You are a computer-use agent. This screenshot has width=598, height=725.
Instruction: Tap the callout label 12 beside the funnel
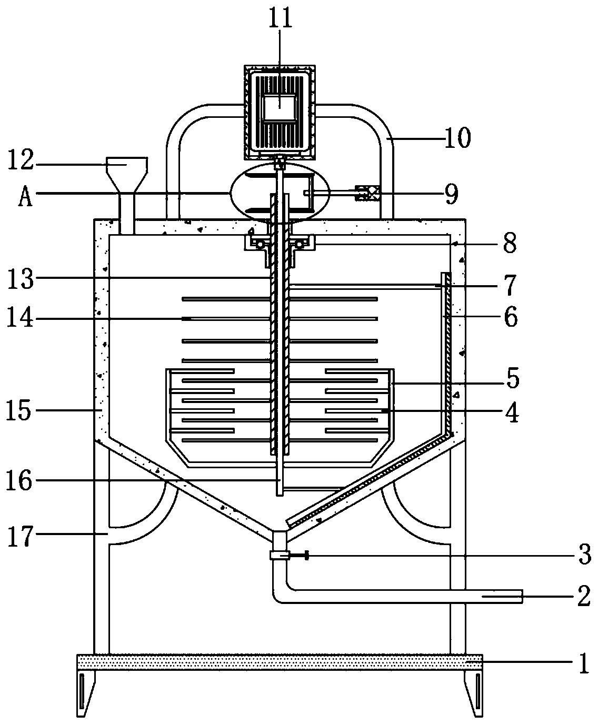21,160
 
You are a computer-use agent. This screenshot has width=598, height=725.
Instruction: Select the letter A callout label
25,197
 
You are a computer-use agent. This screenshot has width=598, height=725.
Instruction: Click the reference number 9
451,195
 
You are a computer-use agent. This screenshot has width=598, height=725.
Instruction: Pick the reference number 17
21,536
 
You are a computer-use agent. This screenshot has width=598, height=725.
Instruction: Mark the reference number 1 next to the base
584,663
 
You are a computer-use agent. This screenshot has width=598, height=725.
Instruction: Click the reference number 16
19,480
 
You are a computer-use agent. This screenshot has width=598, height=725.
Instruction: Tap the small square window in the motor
280,108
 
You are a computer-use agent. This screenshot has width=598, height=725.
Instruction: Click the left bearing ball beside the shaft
260,245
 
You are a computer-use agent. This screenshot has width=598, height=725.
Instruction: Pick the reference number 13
21,278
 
